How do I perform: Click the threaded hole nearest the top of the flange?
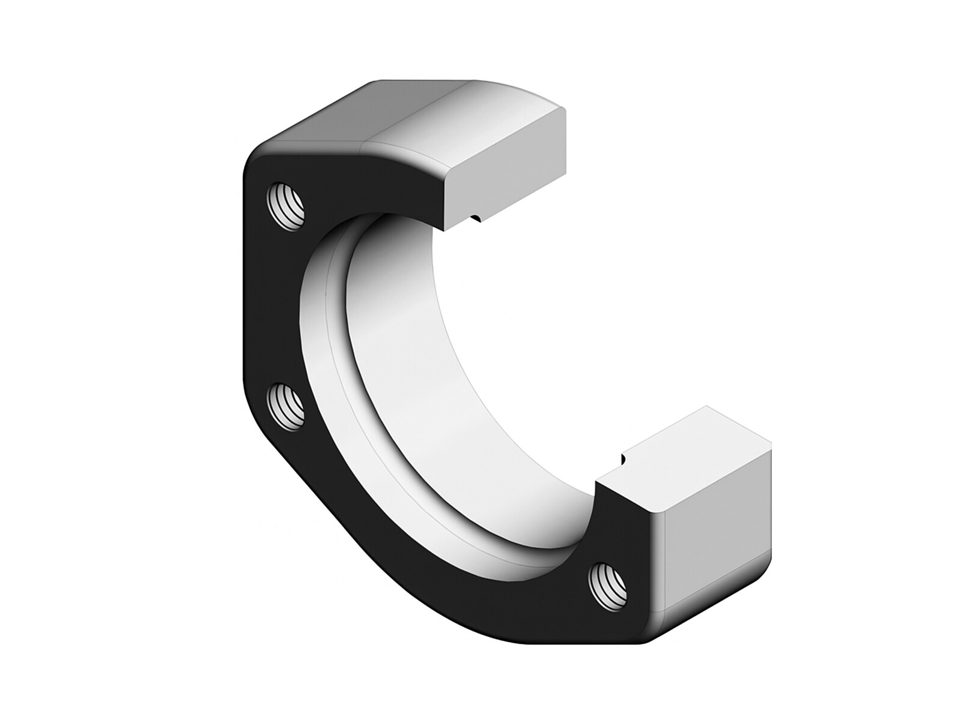(x=287, y=206)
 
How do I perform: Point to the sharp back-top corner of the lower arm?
(x=707, y=407)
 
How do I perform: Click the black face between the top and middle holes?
(x=276, y=306)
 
